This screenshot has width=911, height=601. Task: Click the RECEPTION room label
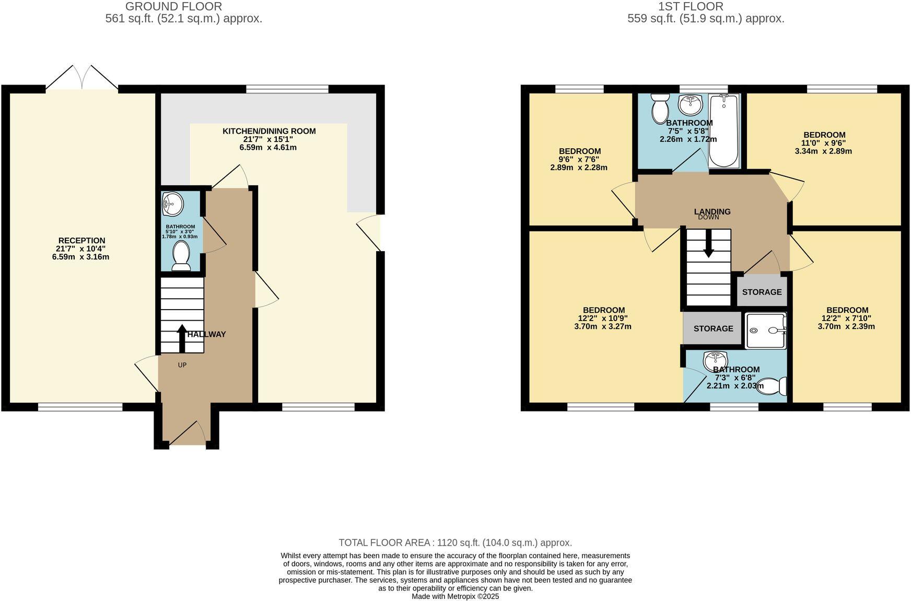point(81,241)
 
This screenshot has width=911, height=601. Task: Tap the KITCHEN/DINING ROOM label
point(269,131)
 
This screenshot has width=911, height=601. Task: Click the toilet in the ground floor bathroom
point(181,255)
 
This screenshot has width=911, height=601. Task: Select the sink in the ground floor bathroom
point(172,204)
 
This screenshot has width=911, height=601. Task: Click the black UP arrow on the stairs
point(182,339)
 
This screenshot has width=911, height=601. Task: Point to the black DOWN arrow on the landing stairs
point(708,243)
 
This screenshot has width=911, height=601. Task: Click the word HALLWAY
point(207,334)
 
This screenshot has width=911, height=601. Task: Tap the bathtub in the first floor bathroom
point(723,131)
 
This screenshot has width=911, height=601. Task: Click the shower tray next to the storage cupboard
point(765,331)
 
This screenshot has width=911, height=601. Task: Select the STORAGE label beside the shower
point(713,328)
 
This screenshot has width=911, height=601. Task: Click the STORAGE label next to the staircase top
point(762,292)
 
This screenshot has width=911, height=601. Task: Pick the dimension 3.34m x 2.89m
point(823,151)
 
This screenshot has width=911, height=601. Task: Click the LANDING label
point(712,211)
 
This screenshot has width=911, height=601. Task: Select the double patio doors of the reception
point(82,78)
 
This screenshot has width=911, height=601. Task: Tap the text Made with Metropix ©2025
point(455,596)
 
